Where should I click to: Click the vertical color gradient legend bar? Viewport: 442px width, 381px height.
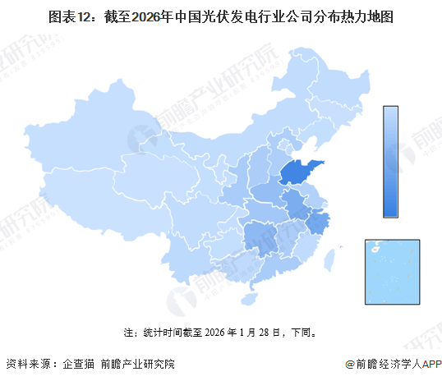390,161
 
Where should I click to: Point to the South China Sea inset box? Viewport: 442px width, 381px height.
393,271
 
